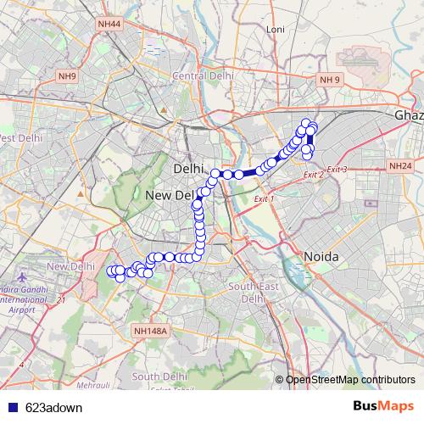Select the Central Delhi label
202,75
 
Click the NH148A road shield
153,330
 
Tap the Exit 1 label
266,198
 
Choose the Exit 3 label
337,170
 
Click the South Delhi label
159,376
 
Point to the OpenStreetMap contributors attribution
350,380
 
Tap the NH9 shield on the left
67,76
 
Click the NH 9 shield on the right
329,80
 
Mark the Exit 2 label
313,175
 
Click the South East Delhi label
248,293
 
